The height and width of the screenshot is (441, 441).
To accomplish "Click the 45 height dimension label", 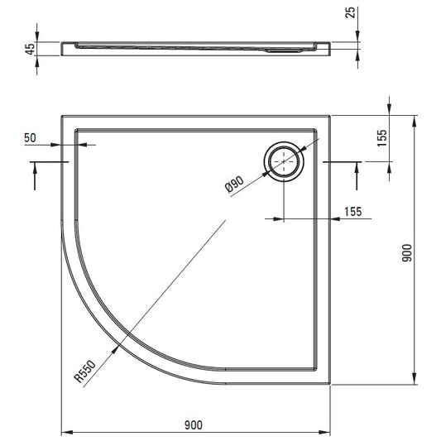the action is [x=31, y=48].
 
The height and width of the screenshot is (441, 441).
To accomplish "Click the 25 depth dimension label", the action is [x=350, y=12].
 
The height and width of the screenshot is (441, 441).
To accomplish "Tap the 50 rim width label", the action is [x=30, y=138].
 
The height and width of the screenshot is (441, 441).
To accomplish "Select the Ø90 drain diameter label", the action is [x=234, y=185].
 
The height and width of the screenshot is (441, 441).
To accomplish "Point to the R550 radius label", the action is [x=85, y=371].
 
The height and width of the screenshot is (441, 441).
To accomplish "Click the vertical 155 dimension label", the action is [x=382, y=138].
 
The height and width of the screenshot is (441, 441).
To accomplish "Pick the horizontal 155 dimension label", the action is [x=353, y=212].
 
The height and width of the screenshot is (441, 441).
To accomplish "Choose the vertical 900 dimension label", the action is [x=407, y=253].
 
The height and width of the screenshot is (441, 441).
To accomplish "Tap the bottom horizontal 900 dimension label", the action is [x=194, y=425].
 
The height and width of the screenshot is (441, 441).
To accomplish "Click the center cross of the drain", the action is [x=284, y=161].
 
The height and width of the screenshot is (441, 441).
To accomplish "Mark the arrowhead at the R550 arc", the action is [x=115, y=349].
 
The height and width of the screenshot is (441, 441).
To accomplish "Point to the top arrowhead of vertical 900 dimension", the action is [x=414, y=122].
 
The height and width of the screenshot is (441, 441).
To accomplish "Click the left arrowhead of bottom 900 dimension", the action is [x=67, y=432].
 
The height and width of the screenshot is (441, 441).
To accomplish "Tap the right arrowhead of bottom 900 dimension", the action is [x=324, y=432].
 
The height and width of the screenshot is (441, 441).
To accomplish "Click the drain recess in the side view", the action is [x=283, y=51].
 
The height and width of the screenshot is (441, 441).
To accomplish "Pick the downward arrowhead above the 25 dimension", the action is [x=357, y=36].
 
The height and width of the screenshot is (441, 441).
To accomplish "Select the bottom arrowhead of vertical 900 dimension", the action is [x=414, y=378].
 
